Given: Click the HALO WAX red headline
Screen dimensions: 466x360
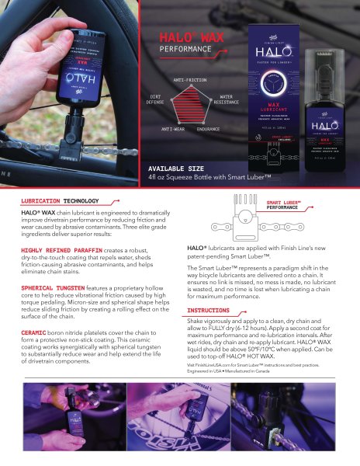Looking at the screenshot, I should pos(185,37).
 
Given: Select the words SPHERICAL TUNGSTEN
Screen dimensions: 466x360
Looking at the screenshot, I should pos(51,287).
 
